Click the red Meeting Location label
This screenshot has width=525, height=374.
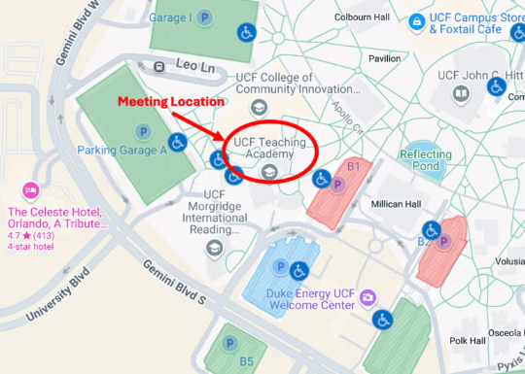click(x=172, y=101)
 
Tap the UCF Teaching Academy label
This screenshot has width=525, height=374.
click(x=269, y=149)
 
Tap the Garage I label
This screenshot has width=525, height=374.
click(x=171, y=17)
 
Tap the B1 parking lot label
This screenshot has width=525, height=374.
click(x=355, y=167)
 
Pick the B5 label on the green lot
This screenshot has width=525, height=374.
click(x=247, y=362)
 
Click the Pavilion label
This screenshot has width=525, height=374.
click(x=385, y=58)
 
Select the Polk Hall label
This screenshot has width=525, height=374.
click(x=468, y=342)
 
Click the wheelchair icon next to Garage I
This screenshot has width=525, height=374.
click(x=246, y=33)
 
